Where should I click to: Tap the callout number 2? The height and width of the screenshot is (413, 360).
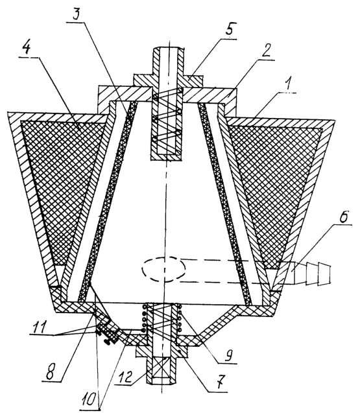[266, 51]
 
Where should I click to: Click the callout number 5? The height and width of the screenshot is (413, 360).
[230, 29]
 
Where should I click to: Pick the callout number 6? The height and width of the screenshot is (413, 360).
[344, 215]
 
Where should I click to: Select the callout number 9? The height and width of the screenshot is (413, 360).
[229, 355]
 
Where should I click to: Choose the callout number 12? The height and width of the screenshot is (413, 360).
[125, 377]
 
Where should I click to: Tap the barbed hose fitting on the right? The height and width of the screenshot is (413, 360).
[311, 273]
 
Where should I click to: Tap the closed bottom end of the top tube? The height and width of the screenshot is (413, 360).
[166, 158]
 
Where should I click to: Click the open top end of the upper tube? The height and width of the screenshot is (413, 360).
[168, 48]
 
